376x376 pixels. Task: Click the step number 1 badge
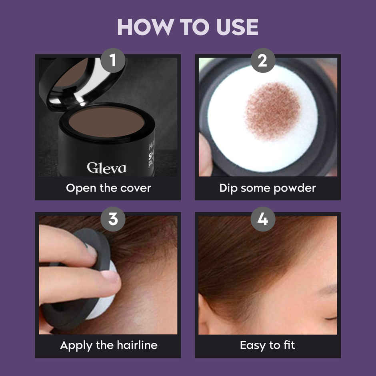coord(113,61)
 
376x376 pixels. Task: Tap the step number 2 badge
coord(263,61)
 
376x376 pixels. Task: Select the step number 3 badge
coord(113,219)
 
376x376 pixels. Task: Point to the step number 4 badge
coord(263,219)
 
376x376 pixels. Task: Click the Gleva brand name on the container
coord(106,167)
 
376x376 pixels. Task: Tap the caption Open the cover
coord(108,188)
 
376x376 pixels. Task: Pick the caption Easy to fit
coord(268,345)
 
